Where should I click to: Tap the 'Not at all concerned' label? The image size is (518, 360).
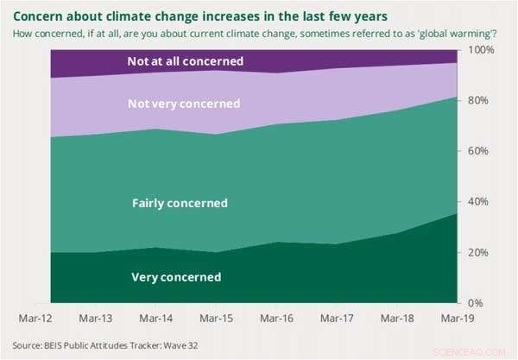185,61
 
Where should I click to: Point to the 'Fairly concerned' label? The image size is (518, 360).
180,204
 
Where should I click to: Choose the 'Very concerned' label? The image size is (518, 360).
176,277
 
